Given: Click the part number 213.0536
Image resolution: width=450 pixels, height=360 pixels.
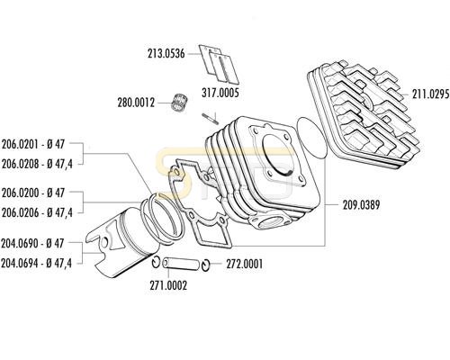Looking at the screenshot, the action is pyautogui.click(x=166, y=54).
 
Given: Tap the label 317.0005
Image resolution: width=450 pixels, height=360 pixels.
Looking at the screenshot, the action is pyautogui.click(x=220, y=93).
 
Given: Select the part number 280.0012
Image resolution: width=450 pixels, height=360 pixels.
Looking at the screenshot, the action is pyautogui.click(x=136, y=103).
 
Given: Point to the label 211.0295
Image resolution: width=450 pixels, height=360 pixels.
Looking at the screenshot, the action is pyautogui.click(x=431, y=94).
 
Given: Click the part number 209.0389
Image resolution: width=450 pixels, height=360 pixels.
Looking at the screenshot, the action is pyautogui.click(x=362, y=205).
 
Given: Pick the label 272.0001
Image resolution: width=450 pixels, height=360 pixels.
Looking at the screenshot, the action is pyautogui.click(x=245, y=265).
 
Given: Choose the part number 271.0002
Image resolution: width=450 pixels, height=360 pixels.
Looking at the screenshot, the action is pyautogui.click(x=168, y=285).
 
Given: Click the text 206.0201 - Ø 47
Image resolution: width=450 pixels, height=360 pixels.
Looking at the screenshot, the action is pyautogui.click(x=33, y=144).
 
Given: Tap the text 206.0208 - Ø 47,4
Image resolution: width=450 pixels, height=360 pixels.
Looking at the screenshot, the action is pyautogui.click(x=37, y=164).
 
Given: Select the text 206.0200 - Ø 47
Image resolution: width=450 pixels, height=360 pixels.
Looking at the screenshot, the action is pyautogui.click(x=33, y=193).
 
